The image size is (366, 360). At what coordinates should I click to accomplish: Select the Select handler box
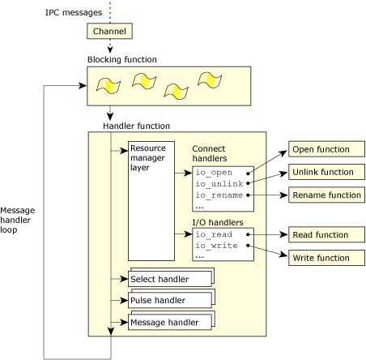coord(168,279)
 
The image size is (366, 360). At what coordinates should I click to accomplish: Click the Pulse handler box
coord(168,301)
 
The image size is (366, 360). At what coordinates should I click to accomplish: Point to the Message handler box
coord(168,323)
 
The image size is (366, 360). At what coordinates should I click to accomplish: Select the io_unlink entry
coord(216,184)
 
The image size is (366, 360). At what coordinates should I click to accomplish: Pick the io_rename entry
coord(216,195)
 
